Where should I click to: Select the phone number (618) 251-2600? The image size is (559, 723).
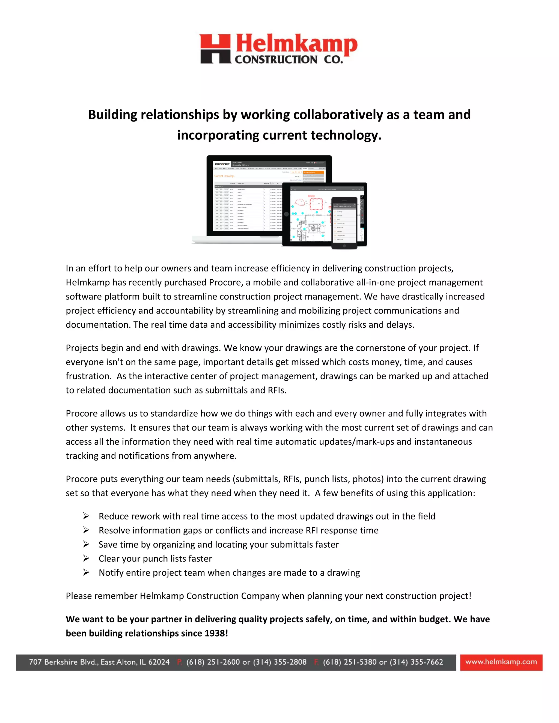(213, 662)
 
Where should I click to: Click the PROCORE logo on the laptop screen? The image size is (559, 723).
(222, 164)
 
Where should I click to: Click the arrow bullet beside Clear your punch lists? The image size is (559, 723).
(86, 558)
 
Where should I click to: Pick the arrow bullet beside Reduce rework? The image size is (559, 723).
(86, 516)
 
